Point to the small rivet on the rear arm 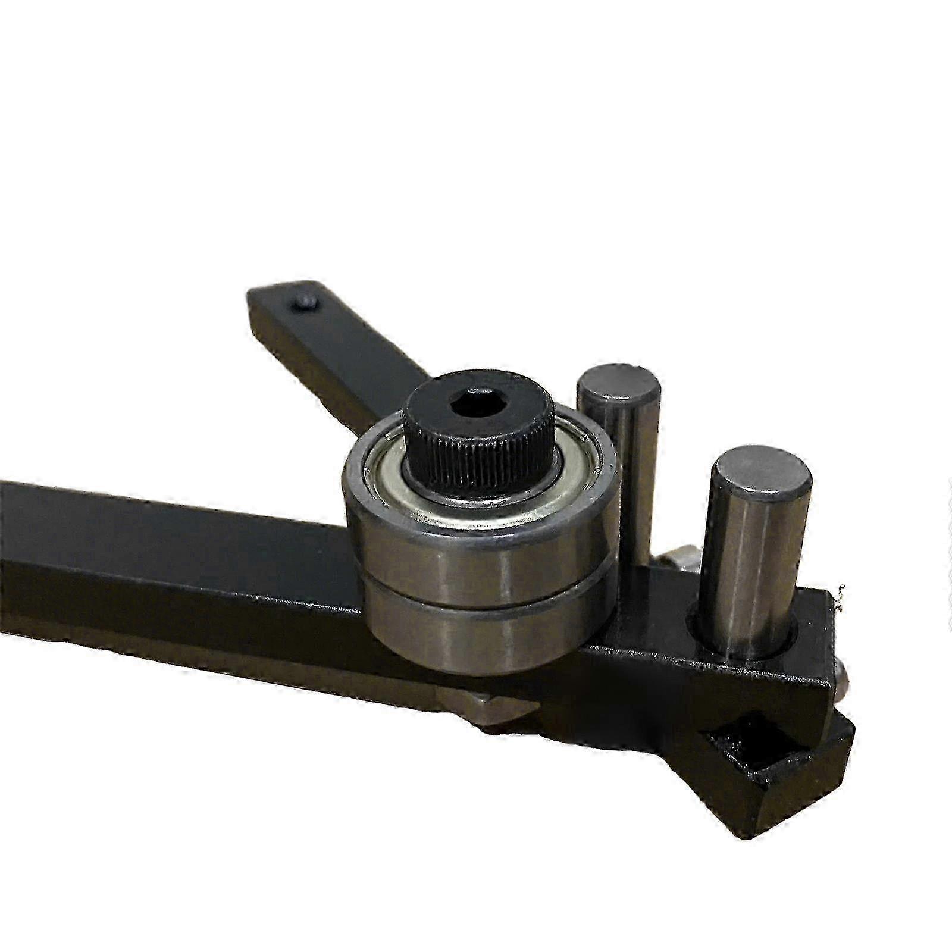(305, 302)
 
